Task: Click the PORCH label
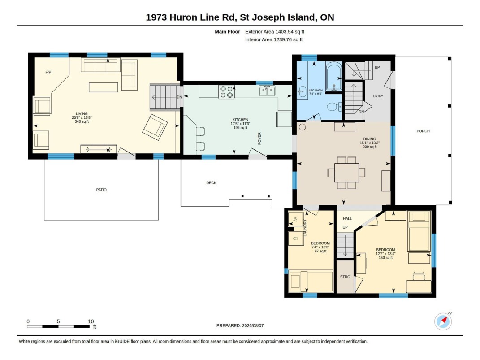(423, 131)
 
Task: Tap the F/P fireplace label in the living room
(48, 72)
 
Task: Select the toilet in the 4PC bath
(334, 107)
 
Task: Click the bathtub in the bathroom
(334, 77)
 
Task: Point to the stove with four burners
(226, 92)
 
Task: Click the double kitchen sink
(267, 91)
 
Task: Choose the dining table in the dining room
(346, 173)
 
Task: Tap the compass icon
(443, 321)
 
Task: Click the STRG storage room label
(345, 277)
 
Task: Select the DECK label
(211, 183)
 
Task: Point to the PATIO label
(101, 190)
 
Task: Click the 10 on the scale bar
(91, 321)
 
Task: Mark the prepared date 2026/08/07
(253, 326)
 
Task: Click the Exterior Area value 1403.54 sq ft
(290, 31)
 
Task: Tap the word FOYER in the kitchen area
(259, 139)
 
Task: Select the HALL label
(347, 219)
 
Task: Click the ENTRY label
(378, 96)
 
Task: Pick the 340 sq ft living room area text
(82, 121)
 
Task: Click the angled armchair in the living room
(155, 127)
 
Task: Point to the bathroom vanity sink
(302, 91)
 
